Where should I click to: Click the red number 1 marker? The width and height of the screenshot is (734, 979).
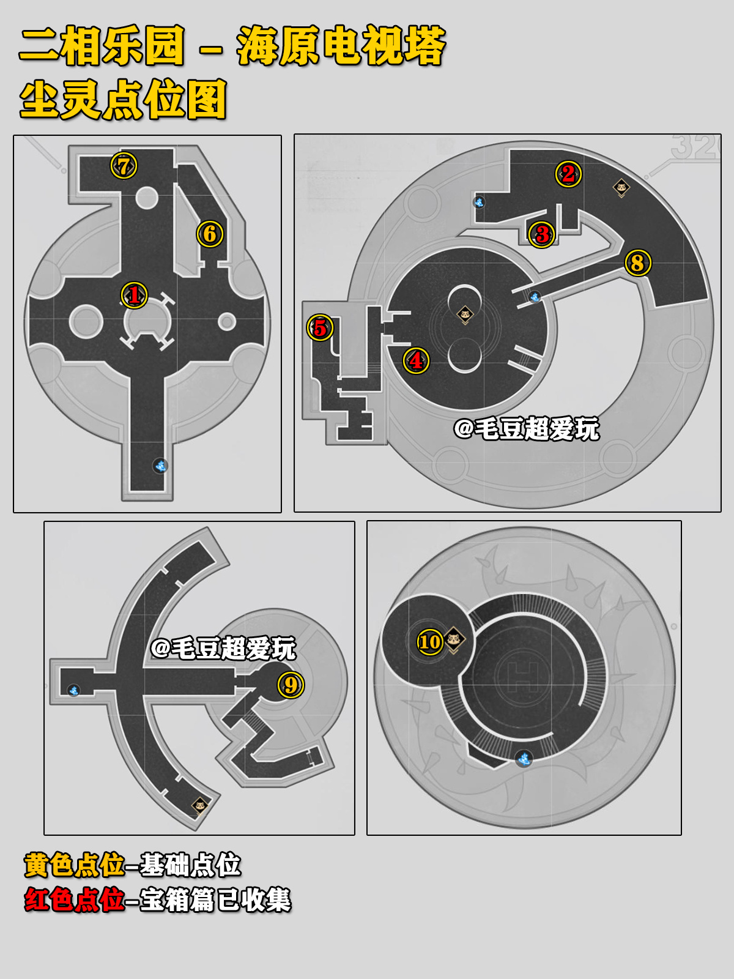point(134,295)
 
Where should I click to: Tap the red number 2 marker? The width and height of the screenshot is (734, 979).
point(568,174)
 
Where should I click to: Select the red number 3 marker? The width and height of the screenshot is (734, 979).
point(542,234)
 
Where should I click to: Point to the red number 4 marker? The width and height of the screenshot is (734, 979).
point(417,360)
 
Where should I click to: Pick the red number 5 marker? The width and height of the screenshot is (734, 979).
point(320,328)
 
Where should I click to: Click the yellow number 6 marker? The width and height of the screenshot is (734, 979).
point(210,234)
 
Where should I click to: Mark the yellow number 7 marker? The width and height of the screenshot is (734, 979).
point(124,166)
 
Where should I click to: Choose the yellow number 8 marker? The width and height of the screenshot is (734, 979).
point(638,262)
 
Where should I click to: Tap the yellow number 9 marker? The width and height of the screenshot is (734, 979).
point(291,685)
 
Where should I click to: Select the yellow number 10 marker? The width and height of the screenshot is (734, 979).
point(430,642)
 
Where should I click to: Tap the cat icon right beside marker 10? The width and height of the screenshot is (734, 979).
point(454,640)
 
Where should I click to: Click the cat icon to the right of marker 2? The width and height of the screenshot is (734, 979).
point(621,188)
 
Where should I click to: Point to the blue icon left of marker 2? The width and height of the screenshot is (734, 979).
point(479,203)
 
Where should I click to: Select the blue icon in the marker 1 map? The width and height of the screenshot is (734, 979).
point(160,466)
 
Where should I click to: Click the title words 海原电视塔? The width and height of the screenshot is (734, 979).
point(341,45)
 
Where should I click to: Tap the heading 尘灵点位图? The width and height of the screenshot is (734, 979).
point(124,99)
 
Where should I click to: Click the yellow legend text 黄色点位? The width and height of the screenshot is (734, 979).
point(75,865)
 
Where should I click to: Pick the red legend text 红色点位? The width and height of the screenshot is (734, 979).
point(75,899)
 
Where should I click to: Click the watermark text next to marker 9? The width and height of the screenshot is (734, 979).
point(223,648)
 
